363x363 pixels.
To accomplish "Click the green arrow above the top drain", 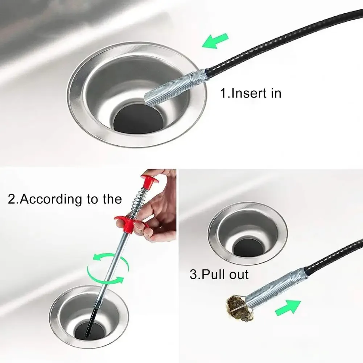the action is (215, 41).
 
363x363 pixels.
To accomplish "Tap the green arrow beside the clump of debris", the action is (288, 308).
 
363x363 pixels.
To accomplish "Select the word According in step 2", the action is (51, 199).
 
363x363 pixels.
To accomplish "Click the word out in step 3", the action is (239, 275).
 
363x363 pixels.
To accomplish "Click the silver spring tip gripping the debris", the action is (275, 288).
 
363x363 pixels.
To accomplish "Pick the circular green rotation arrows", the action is (108, 268).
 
